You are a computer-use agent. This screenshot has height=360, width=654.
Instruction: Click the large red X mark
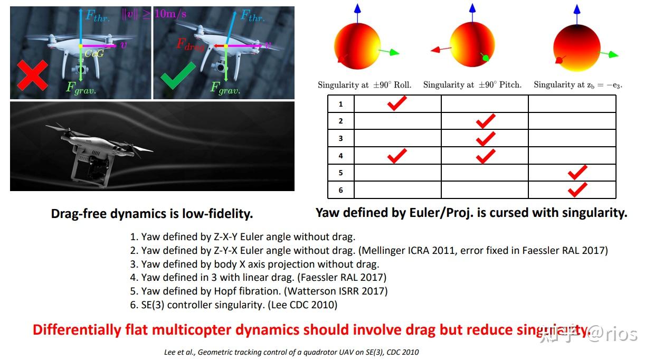(x=32, y=75)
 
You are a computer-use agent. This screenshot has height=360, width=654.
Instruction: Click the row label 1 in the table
(x=340, y=104)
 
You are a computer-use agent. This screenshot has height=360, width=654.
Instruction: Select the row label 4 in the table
(x=340, y=156)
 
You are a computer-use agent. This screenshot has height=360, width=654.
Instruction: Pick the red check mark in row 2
(x=485, y=121)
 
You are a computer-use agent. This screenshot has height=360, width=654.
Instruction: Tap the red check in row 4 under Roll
(x=396, y=155)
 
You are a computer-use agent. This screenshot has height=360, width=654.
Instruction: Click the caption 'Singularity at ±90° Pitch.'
(x=472, y=84)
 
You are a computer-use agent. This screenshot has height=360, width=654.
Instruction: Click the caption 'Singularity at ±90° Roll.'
(x=364, y=84)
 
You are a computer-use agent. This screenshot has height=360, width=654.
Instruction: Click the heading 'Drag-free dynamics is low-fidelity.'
(x=152, y=214)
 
